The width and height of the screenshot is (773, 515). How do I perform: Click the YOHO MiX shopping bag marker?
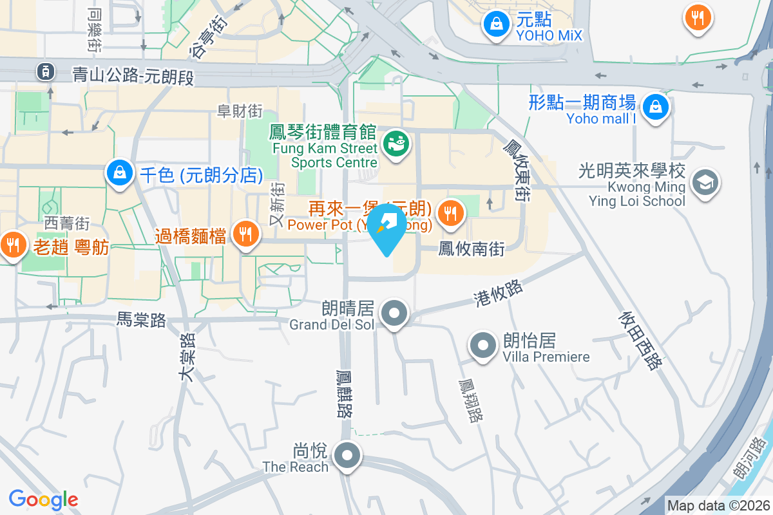pos(496,25)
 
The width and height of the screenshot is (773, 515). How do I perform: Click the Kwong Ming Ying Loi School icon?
pos(705,182)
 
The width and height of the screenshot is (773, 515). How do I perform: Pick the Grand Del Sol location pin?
pos(394,315)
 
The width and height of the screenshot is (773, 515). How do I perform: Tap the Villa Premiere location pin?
pos(482,346)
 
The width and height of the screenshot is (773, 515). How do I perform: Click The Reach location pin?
pos(348,456)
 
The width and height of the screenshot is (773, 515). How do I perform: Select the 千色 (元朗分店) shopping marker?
pos(119,173)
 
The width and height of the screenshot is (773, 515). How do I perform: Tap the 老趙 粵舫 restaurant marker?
pos(12,245)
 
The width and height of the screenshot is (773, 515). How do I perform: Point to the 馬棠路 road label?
pos(141,319)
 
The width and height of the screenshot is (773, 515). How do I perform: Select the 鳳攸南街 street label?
pos(471,249)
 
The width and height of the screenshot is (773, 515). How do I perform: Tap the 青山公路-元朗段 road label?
pos(133,75)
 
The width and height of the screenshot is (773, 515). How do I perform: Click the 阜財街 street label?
pos(240,111)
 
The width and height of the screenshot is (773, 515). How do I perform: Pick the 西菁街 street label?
pos(67,223)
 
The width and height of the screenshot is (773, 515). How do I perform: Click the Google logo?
pos(44,499)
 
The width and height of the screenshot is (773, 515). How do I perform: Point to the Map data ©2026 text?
pos(718,505)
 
